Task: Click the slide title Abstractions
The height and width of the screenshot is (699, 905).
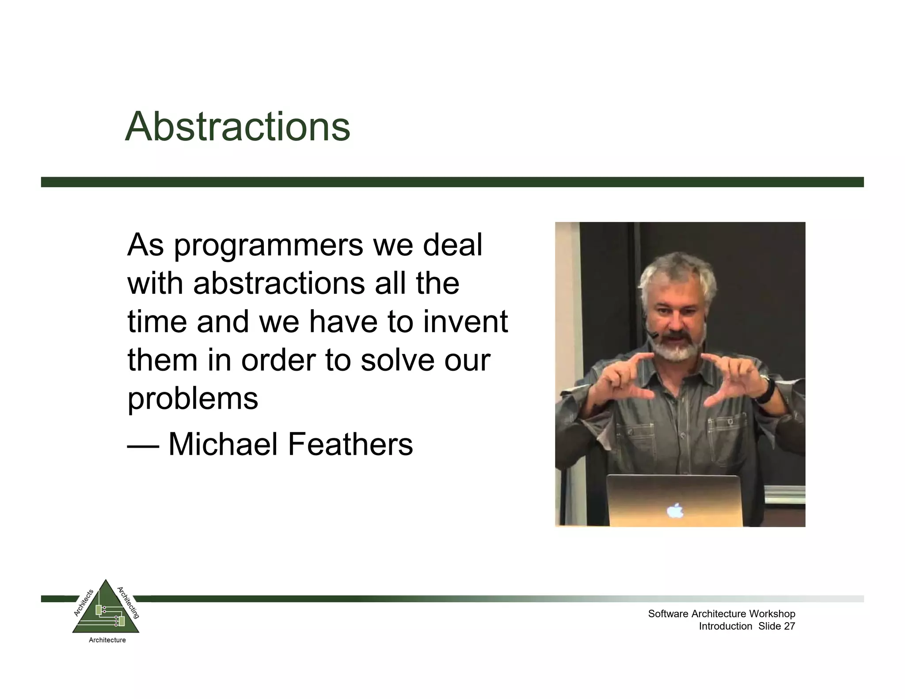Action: tap(237, 127)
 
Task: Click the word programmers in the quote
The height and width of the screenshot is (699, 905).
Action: tap(268, 246)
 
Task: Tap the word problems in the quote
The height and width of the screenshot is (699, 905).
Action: tap(193, 399)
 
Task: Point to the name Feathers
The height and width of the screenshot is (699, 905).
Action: tap(350, 444)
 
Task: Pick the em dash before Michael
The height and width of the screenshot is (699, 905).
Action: tap(143, 446)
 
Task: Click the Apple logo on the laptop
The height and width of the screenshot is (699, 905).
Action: tap(675, 511)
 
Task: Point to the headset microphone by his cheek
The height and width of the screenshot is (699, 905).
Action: tap(653, 336)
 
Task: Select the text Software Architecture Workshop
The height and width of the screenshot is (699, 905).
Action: tap(721, 614)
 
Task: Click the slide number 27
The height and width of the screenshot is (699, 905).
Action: tap(789, 626)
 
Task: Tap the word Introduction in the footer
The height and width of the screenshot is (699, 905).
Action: tap(725, 626)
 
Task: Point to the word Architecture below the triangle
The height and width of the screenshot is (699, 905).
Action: tap(107, 640)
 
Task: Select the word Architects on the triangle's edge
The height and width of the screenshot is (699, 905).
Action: tap(84, 603)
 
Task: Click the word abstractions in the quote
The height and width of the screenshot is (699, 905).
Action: tap(279, 284)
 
